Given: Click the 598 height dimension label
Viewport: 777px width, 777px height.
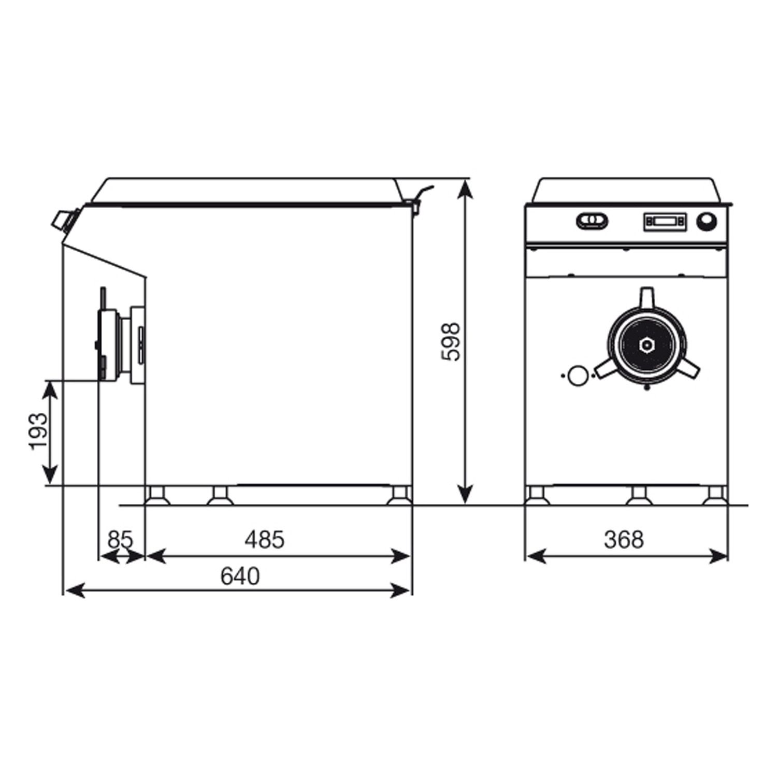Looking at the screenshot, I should tap(451, 342).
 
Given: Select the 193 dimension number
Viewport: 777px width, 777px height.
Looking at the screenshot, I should tap(39, 431).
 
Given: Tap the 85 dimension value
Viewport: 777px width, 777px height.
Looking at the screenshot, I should tap(120, 540).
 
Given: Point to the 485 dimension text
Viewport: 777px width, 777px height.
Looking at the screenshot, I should tap(265, 540).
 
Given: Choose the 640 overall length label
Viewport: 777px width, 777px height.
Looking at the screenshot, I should tap(239, 576).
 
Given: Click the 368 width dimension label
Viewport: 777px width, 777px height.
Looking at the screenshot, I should tap(624, 540).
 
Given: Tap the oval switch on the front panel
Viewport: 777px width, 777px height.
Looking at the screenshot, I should tap(592, 221).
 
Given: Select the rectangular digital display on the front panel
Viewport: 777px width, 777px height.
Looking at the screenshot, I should tap(665, 222).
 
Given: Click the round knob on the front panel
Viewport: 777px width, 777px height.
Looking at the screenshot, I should tap(706, 222).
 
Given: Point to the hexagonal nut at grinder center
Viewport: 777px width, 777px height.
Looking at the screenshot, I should tap(646, 344).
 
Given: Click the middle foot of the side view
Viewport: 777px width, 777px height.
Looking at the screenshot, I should tap(220, 495).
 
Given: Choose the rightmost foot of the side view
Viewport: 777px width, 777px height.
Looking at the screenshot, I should tap(399, 495).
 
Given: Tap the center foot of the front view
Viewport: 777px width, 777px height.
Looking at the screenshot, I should tap(638, 495).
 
